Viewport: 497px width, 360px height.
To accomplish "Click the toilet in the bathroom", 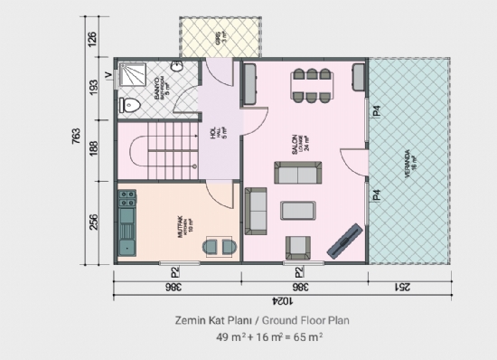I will (x=132, y=104).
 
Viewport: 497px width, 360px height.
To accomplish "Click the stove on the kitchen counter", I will (x=127, y=201).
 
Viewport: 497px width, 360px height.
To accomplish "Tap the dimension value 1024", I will (x=279, y=299).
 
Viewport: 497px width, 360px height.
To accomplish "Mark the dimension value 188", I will (x=91, y=148).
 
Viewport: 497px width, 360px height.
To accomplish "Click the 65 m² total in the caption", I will (x=304, y=336).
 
